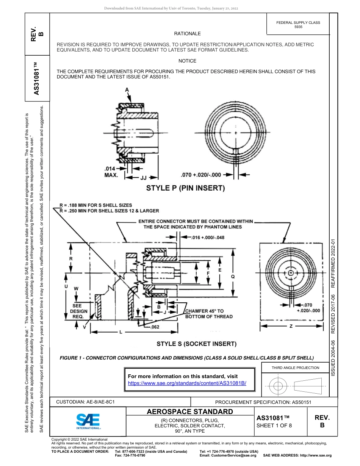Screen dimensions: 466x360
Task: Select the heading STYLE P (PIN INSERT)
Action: coord(186,188)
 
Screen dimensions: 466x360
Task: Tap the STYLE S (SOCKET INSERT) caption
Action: coord(196,344)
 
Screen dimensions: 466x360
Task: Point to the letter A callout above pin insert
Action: coord(127,89)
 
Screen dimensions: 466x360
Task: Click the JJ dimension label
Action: coord(143,177)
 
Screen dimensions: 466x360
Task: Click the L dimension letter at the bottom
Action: coord(121,332)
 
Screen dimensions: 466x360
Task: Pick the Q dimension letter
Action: coord(233,277)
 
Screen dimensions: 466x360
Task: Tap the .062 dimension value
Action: coord(155,327)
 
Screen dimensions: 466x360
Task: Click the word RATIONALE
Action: coord(187,34)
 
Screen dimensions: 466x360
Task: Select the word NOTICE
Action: coord(187,61)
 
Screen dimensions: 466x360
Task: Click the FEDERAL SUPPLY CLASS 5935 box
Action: coord(298,25)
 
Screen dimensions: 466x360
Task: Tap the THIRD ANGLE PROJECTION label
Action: coord(295,367)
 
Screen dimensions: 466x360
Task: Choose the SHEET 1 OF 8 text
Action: coord(274,425)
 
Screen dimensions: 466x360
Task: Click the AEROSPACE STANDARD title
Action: coord(189,411)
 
